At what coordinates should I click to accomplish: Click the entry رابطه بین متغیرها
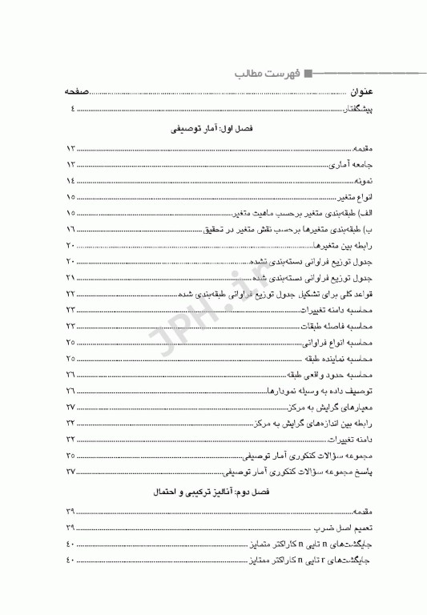(x=349, y=245)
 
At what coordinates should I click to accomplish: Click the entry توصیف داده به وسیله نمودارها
(x=323, y=390)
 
